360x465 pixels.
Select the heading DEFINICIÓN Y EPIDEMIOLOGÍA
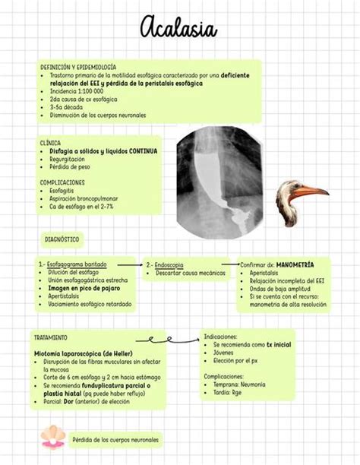[x=77, y=67]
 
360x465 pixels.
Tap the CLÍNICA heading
[x=51, y=142]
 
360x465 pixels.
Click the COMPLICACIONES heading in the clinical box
[x=62, y=183]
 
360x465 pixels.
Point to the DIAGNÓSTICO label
[x=62, y=239]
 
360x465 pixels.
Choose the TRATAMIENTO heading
[x=51, y=337]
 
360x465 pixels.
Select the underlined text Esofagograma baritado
[x=77, y=264]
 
